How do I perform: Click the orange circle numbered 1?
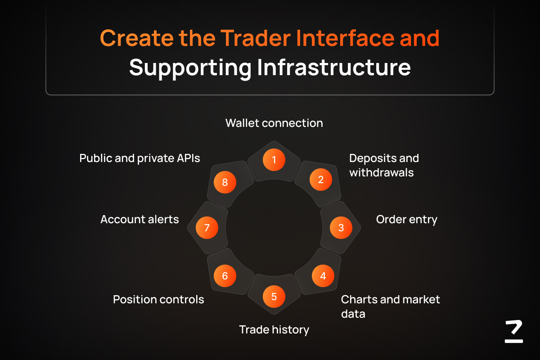coord(274,160)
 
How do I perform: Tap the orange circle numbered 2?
coord(320,180)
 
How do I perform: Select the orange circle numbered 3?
coord(341,228)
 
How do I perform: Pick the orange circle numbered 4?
coord(323,276)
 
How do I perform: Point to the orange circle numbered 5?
coord(274,297)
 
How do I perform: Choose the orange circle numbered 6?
coord(225,276)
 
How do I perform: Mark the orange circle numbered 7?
coord(207,228)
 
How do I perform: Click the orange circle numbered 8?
coord(225,182)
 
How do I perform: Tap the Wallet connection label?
coord(274,123)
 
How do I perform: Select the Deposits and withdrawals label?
coord(384,166)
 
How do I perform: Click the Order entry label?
coord(406,220)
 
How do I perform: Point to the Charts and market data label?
coord(390,307)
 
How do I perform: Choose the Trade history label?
coord(274,330)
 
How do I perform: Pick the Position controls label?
coord(158,300)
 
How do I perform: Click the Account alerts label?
coord(139,220)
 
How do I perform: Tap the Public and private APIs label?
coord(139,159)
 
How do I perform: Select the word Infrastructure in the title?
coord(334,67)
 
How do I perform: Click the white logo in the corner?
coord(514,331)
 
